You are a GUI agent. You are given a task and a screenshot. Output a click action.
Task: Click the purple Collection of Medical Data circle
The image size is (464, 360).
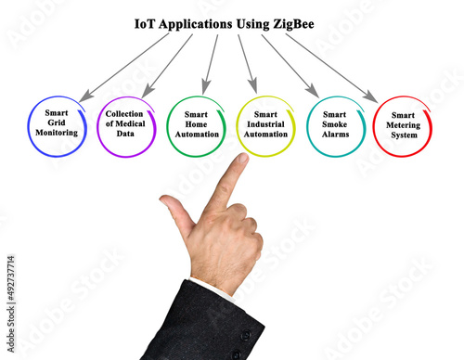(x=125, y=127)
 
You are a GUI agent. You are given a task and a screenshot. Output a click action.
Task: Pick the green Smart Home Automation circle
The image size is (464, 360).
(x=197, y=127)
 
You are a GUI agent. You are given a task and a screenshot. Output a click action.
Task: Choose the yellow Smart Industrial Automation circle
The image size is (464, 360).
(x=265, y=127)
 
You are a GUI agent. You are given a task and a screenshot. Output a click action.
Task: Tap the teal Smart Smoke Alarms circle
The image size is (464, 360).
(x=334, y=127)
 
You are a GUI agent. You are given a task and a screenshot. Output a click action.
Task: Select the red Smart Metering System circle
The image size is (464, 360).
(x=404, y=127)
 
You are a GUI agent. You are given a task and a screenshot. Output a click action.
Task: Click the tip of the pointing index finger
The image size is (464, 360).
(x=242, y=160)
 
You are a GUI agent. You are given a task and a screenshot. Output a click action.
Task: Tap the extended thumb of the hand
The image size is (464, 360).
(x=174, y=211)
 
